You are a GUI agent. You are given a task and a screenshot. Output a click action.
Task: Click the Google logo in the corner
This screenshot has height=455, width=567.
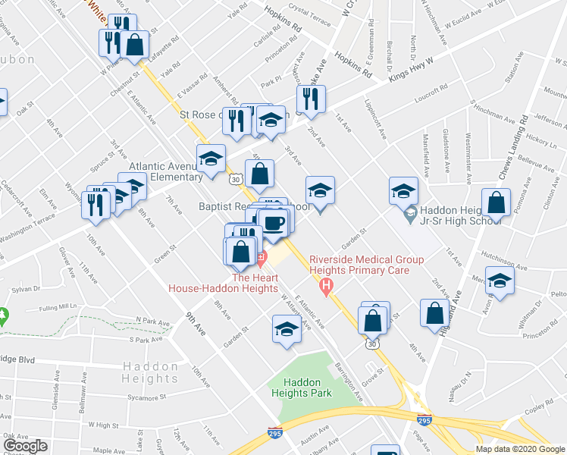26,446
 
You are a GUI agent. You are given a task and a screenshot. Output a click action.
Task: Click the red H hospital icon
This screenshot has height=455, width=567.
327,287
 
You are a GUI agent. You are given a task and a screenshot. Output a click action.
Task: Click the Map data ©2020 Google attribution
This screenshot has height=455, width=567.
521,449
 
